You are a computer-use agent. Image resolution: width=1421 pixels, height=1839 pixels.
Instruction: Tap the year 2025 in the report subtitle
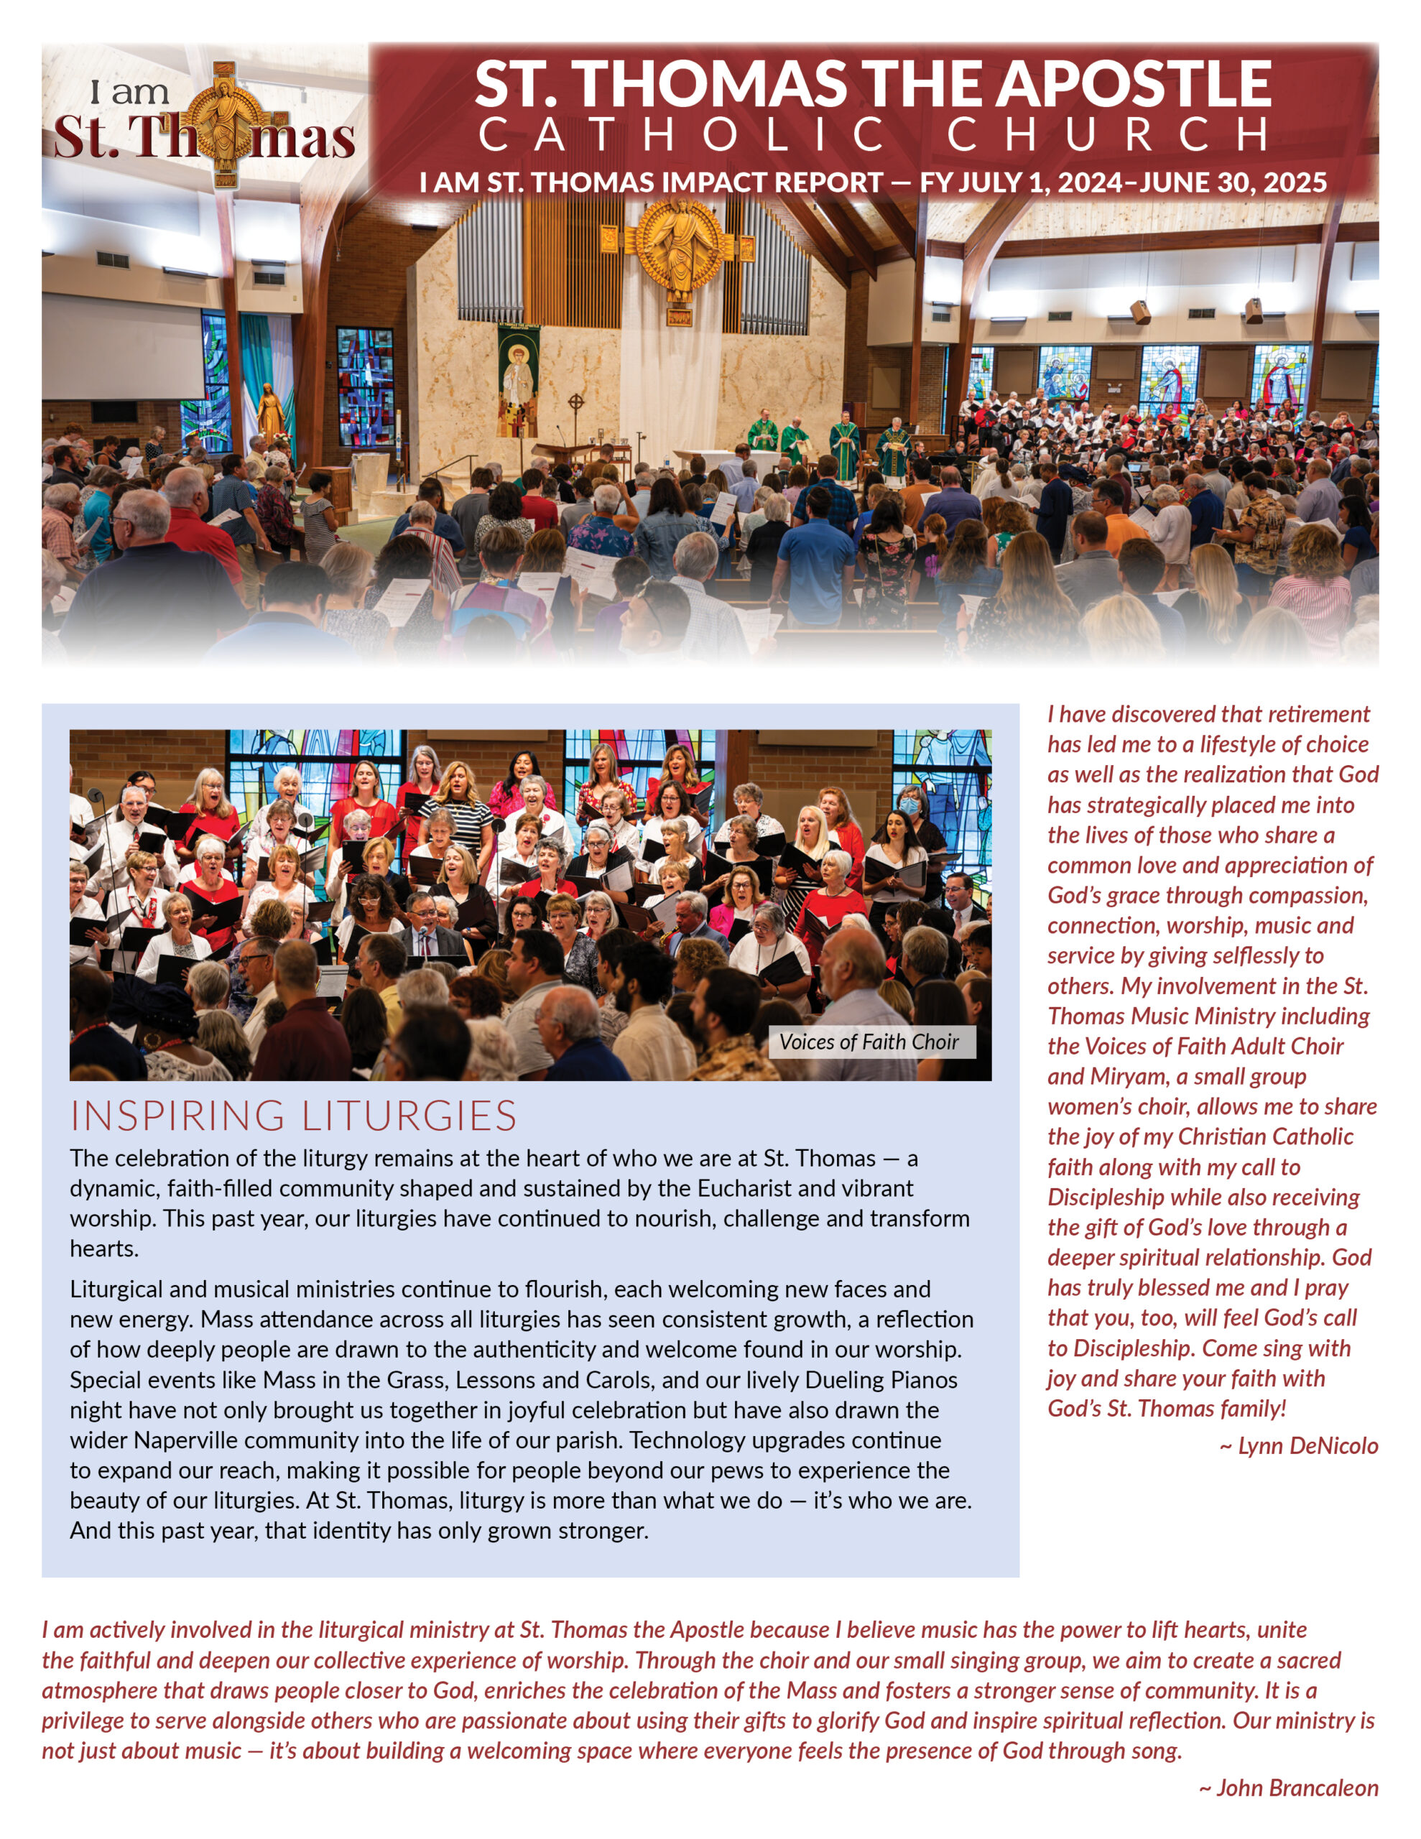(1292, 182)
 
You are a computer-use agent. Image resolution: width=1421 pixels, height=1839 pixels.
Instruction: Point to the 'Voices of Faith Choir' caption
(869, 1042)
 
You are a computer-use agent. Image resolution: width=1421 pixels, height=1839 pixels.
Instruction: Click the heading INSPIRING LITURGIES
(293, 1116)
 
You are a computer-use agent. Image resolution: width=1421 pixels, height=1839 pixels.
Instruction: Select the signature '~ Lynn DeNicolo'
(1298, 1446)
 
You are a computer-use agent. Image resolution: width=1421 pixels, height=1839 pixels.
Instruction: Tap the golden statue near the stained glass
(269, 412)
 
